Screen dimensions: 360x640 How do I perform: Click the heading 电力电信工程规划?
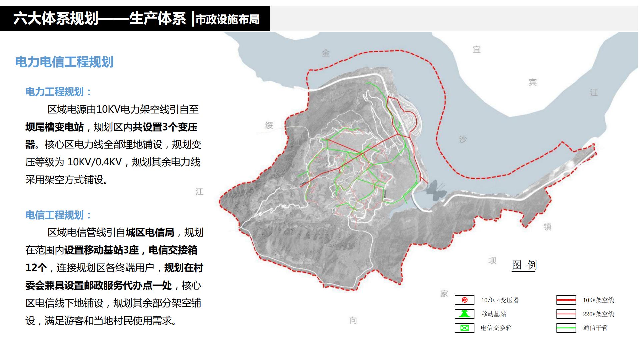click(64, 62)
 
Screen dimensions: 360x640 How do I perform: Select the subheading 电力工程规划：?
click(58, 92)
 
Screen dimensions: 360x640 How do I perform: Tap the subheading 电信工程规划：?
click(58, 215)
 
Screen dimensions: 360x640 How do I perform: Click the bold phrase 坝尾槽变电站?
click(55, 127)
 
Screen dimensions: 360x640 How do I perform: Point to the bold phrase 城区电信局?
click(150, 232)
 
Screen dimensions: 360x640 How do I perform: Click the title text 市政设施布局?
click(227, 19)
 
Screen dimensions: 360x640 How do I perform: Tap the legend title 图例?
click(524, 265)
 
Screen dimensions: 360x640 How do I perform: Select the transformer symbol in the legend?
click(464, 300)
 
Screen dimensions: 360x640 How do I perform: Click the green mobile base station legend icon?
click(464, 314)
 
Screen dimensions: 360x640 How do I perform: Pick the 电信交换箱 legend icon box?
click(464, 328)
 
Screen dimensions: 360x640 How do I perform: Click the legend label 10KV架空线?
click(598, 300)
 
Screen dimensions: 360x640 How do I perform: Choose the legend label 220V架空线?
click(598, 314)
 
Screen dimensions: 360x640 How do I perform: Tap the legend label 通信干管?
click(595, 328)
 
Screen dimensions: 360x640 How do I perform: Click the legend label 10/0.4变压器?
click(500, 300)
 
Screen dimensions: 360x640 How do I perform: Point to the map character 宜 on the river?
click(477, 50)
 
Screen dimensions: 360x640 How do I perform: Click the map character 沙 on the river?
click(463, 139)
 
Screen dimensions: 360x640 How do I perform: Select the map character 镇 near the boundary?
click(547, 227)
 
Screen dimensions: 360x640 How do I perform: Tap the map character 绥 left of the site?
click(269, 125)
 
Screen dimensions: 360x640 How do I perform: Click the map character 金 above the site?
click(326, 53)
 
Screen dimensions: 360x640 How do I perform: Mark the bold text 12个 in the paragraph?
click(36, 268)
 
